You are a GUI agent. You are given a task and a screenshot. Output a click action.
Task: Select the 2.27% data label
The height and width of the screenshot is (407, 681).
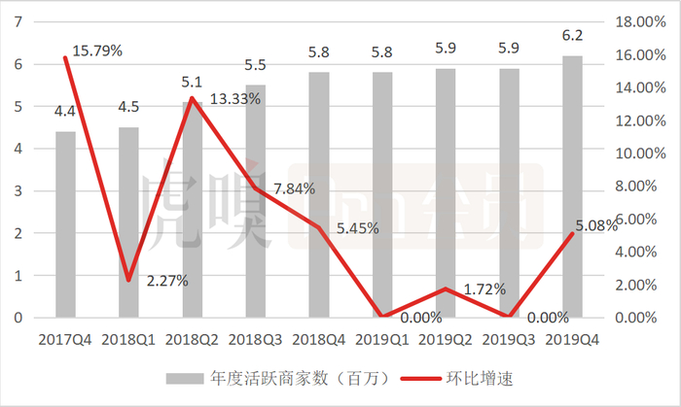click(x=167, y=281)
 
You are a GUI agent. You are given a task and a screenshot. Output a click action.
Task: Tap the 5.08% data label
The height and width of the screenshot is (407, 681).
click(x=596, y=225)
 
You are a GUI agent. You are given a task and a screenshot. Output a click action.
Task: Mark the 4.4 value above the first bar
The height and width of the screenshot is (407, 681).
click(x=65, y=112)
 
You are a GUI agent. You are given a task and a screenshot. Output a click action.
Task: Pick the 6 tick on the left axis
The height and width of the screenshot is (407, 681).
click(x=17, y=64)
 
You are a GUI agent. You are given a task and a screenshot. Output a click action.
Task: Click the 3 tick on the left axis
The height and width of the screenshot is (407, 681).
click(x=17, y=190)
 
